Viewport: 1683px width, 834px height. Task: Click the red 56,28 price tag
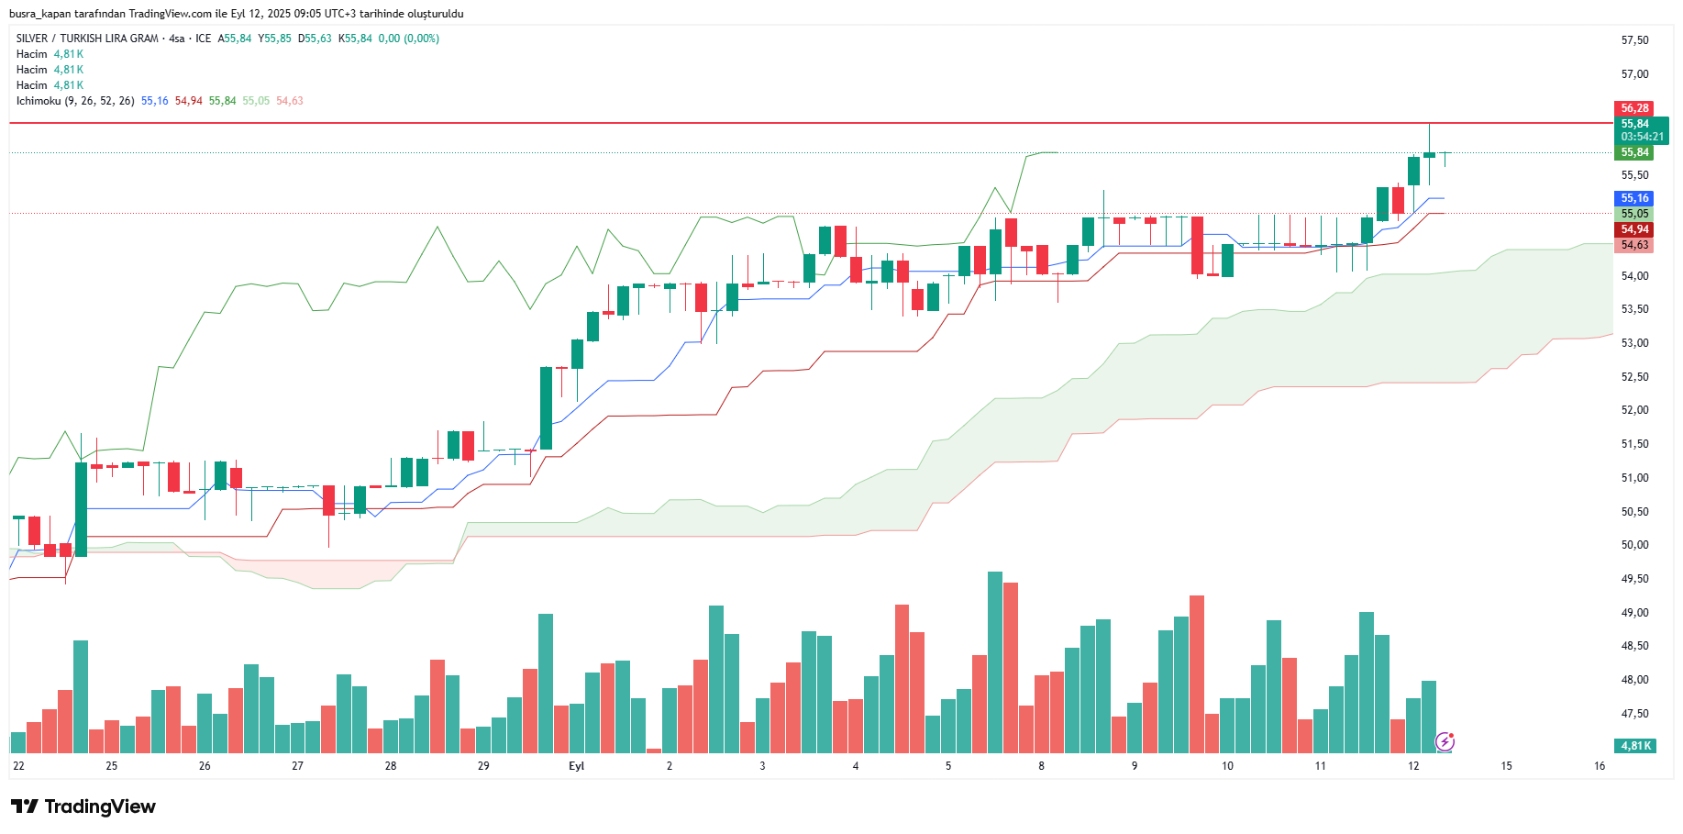point(1633,108)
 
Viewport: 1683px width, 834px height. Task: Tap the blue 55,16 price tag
point(1633,198)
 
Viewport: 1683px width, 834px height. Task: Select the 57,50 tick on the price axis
point(1634,40)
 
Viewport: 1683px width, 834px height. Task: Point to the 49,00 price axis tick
point(1634,613)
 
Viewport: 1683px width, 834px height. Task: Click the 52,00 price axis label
point(1634,410)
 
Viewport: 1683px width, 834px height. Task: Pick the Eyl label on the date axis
point(576,766)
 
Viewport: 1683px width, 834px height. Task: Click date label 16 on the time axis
point(1600,766)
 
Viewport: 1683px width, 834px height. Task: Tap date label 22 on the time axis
point(18,766)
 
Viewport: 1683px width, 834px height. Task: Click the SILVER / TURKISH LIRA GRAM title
point(87,39)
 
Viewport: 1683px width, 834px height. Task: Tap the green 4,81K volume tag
point(1635,746)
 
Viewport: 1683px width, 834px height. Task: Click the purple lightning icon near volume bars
point(1445,741)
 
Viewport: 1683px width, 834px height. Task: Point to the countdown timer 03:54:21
point(1642,137)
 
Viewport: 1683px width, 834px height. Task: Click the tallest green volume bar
point(995,662)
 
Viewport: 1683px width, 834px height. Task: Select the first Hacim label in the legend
point(31,54)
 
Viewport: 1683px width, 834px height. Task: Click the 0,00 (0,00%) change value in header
point(408,39)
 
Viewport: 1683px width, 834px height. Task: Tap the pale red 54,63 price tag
point(1633,245)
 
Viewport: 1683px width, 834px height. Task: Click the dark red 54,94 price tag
point(1633,229)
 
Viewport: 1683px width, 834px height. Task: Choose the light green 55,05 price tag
point(1633,214)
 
